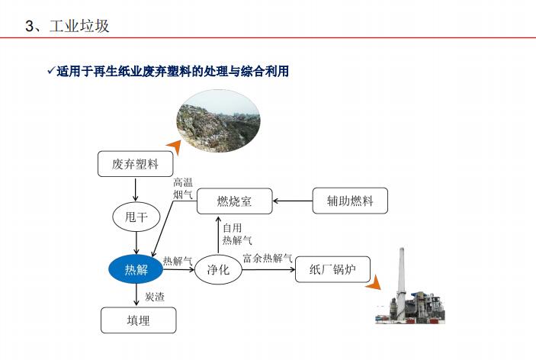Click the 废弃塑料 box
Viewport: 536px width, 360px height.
pyautogui.click(x=136, y=164)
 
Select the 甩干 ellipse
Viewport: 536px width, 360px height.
pyautogui.click(x=136, y=217)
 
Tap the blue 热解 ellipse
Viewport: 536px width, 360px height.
pyautogui.click(x=136, y=270)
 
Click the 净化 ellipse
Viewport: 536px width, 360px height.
pyautogui.click(x=218, y=270)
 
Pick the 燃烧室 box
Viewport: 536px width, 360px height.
pyautogui.click(x=235, y=201)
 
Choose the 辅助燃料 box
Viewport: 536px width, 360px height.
pyautogui.click(x=350, y=201)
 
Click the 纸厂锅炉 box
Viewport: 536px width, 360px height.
pyautogui.click(x=332, y=269)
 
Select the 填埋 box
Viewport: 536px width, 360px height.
pyautogui.click(x=139, y=320)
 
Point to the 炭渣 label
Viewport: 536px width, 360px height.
pyautogui.click(x=155, y=297)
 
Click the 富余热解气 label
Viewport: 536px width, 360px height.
pyautogui.click(x=268, y=258)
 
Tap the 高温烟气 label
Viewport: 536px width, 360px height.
pyautogui.click(x=183, y=188)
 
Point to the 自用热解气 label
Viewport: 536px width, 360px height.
pyautogui.click(x=237, y=234)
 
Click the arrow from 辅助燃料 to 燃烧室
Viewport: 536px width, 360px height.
pyautogui.click(x=293, y=201)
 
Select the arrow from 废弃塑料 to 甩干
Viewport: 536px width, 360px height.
pyautogui.click(x=136, y=189)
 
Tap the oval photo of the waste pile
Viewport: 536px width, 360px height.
pyautogui.click(x=218, y=121)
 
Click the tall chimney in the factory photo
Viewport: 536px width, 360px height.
pyautogui.click(x=401, y=281)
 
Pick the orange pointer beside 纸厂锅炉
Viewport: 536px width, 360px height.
pyautogui.click(x=374, y=282)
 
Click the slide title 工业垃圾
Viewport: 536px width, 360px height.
pyautogui.click(x=79, y=26)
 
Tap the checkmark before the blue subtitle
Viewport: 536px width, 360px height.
pyautogui.click(x=51, y=71)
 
